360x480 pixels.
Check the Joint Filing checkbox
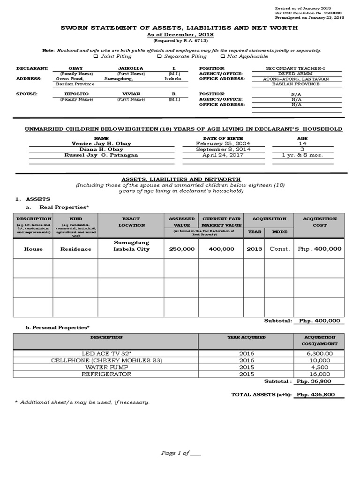96,56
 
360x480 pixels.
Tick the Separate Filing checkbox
159,56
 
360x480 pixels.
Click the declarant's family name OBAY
75,68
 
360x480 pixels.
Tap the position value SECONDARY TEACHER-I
295,68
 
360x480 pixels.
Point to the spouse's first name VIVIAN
130,94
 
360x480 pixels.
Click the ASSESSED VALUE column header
181,222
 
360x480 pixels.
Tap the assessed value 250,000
181,249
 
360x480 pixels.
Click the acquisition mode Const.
280,249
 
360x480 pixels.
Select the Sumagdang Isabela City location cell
131,246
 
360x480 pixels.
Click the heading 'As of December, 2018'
180,35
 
